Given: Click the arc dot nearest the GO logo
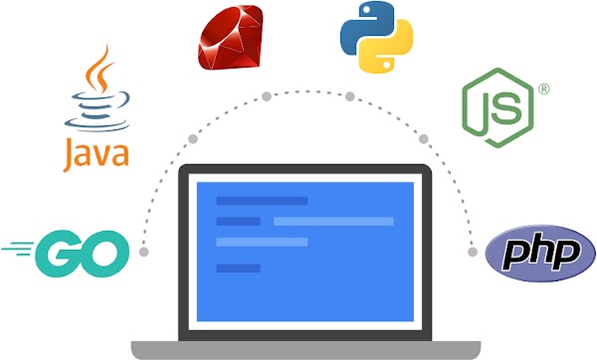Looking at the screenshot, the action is pyautogui.click(x=144, y=252).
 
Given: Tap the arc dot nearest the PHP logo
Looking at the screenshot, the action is pyautogui.click(x=472, y=252).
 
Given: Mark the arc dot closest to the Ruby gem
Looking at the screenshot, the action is pyautogui.click(x=267, y=96).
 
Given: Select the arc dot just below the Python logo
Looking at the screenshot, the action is pyautogui.click(x=349, y=96).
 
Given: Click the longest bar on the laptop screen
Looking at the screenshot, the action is pyautogui.click(x=332, y=221).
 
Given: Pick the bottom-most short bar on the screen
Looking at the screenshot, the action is pyautogui.click(x=238, y=268).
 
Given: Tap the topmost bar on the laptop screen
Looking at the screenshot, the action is pyautogui.click(x=262, y=201).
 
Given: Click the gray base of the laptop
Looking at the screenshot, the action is pyautogui.click(x=303, y=348).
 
